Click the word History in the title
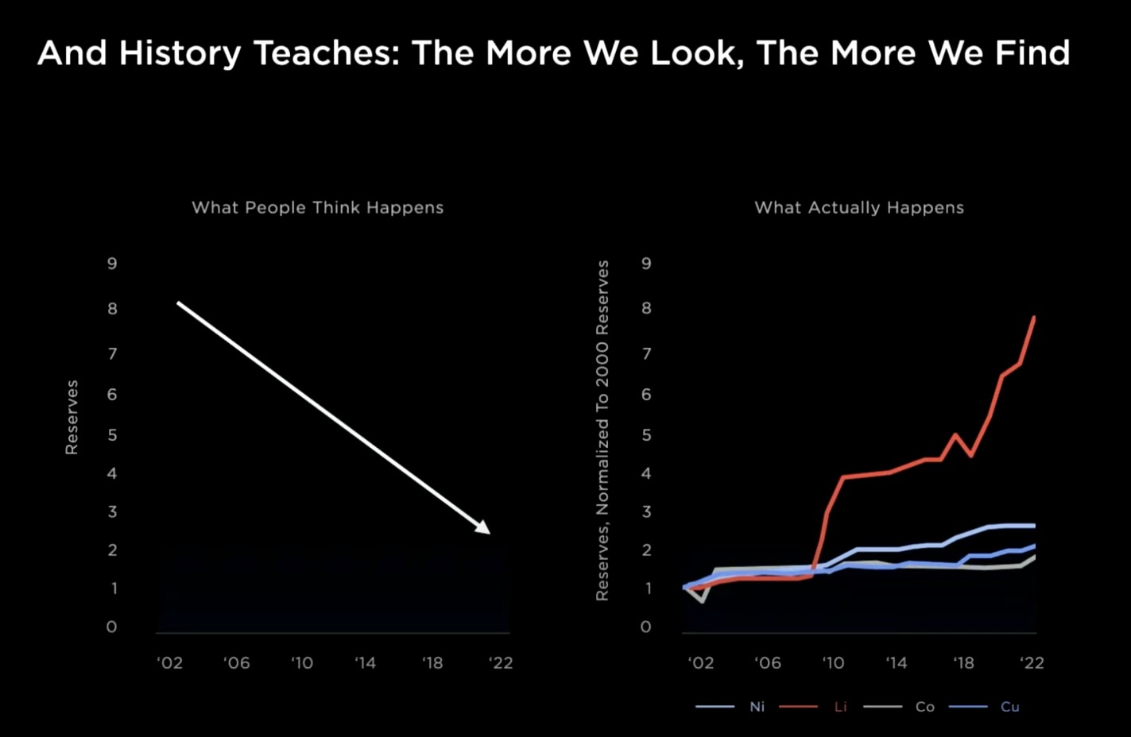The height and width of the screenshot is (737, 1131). pyautogui.click(x=180, y=53)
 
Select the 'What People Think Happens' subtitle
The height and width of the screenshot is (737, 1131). pyautogui.click(x=317, y=207)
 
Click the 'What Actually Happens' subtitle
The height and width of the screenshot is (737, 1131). pyautogui.click(x=858, y=207)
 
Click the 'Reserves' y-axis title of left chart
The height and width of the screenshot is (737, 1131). pyautogui.click(x=72, y=417)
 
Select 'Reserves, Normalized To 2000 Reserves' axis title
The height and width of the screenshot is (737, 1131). pyautogui.click(x=602, y=430)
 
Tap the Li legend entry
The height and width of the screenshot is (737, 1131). pyautogui.click(x=840, y=706)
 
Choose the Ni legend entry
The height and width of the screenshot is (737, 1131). pyautogui.click(x=757, y=706)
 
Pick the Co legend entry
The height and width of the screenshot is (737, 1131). pyautogui.click(x=924, y=706)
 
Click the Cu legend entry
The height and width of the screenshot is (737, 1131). pyautogui.click(x=1009, y=706)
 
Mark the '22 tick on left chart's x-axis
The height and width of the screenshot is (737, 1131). pyautogui.click(x=501, y=662)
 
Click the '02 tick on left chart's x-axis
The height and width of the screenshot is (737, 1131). pyautogui.click(x=169, y=662)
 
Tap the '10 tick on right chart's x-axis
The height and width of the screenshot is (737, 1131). pyautogui.click(x=832, y=662)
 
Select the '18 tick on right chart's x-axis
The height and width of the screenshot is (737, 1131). pyautogui.click(x=963, y=662)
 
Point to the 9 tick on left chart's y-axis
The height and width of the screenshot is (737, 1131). pyautogui.click(x=112, y=263)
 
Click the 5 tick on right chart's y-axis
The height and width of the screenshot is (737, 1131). pyautogui.click(x=646, y=434)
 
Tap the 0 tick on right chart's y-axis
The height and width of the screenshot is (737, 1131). pyautogui.click(x=646, y=627)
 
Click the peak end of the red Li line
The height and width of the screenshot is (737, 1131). pyautogui.click(x=1034, y=318)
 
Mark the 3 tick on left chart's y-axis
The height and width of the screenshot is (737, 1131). pyautogui.click(x=112, y=511)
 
